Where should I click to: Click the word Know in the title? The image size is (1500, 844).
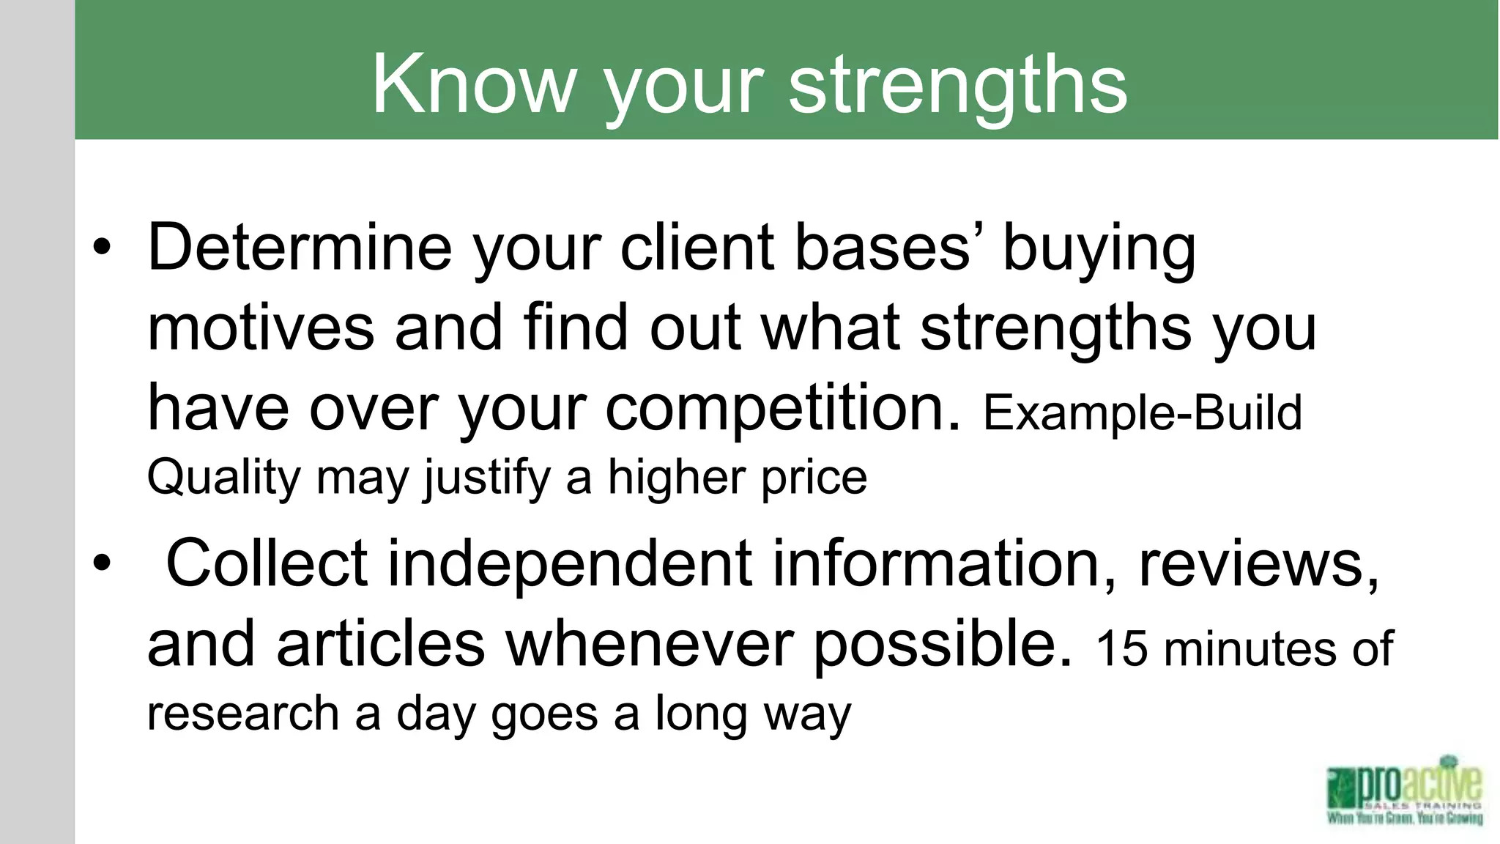point(472,84)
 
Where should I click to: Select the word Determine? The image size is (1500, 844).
point(300,247)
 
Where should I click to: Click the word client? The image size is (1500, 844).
point(697,247)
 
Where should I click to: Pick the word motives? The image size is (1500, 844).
point(261,327)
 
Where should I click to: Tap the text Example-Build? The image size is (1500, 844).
point(1142,412)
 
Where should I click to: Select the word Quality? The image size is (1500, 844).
point(223,478)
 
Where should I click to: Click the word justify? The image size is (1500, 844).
point(486,478)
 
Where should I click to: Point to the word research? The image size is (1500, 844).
point(242,713)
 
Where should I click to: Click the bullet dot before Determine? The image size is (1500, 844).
point(102,247)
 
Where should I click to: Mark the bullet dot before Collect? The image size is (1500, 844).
point(102,563)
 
